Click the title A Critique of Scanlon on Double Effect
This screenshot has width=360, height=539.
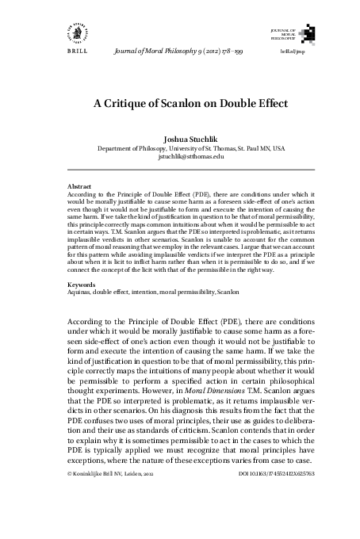coord(179,103)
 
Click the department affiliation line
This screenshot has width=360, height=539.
coord(179,148)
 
